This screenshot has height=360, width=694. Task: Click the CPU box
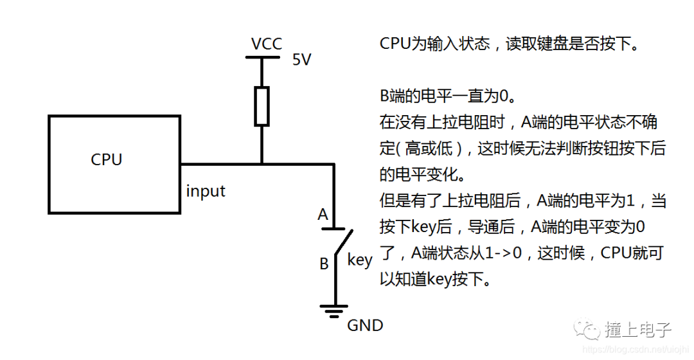pos(114,163)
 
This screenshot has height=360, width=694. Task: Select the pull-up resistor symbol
pos(262,106)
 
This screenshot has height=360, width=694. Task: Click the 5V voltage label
pos(301,60)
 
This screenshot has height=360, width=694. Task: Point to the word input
pos(206,191)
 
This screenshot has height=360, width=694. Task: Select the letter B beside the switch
pos(324,264)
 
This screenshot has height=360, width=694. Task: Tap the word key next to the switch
pos(360,260)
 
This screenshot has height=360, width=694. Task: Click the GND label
pos(365,325)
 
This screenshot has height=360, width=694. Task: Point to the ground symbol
pos(334,312)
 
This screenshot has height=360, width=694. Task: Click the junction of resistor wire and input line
pos(262,163)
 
